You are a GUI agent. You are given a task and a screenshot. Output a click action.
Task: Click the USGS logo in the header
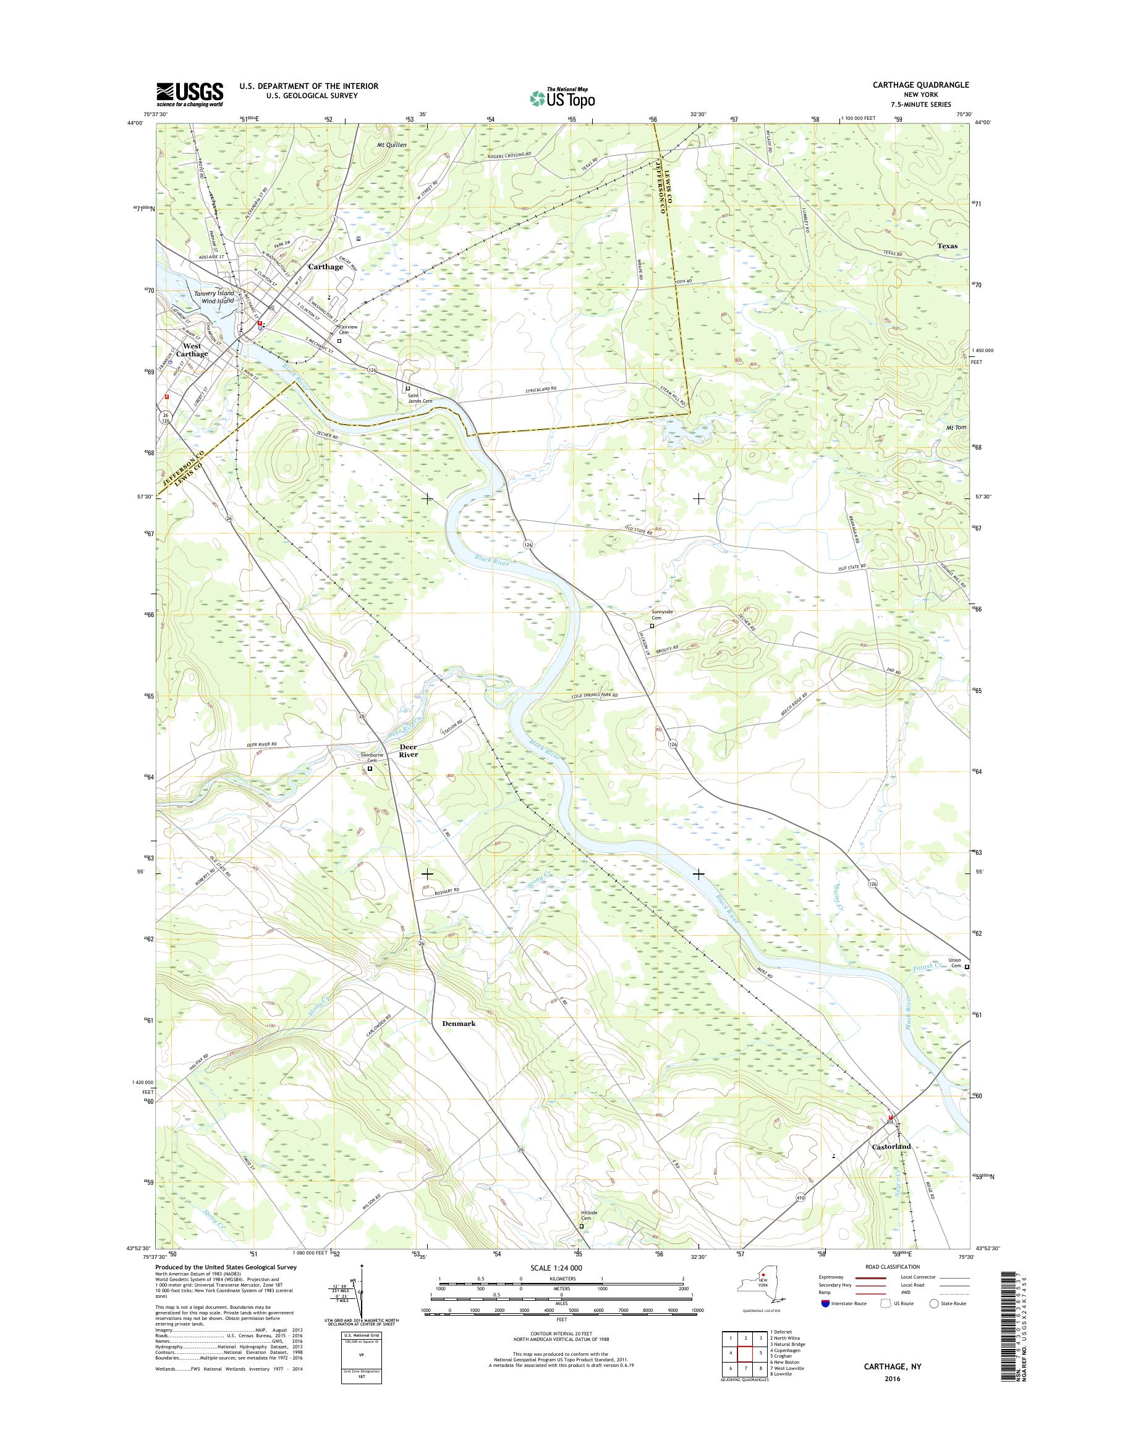(x=190, y=94)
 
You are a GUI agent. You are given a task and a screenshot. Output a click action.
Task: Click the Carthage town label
(x=325, y=267)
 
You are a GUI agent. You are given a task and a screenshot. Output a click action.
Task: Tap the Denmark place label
(x=454, y=1023)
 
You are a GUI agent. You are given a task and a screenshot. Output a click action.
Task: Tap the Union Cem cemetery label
(x=954, y=962)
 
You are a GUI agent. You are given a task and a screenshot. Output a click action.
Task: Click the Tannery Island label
(x=213, y=293)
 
